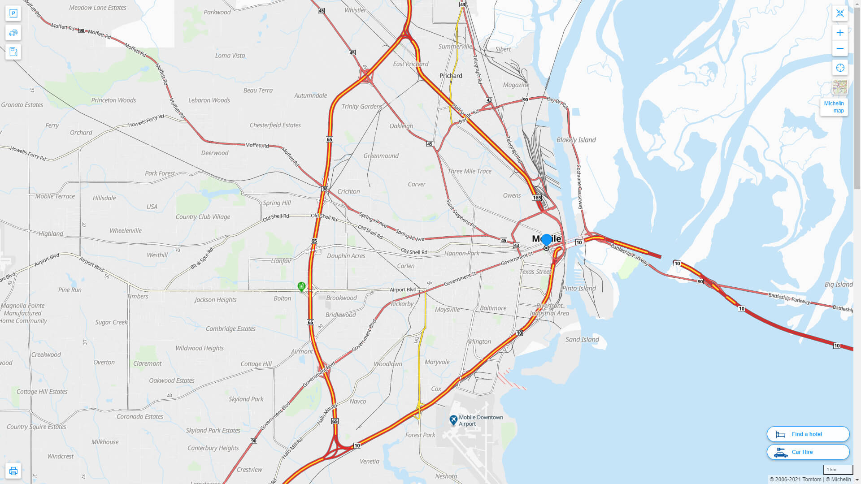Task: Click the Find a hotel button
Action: pos(808,434)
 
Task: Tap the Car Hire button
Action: pos(808,452)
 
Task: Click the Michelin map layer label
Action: pos(834,107)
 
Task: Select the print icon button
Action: pos(13,471)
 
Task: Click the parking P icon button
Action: pos(13,13)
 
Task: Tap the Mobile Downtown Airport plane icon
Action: pos(453,420)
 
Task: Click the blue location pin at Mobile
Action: pos(546,240)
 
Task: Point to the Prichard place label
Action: pos(451,76)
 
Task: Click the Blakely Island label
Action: pos(576,140)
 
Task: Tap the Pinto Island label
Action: pos(579,288)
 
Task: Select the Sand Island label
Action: pos(582,339)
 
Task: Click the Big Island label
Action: pos(839,284)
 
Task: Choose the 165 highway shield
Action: pos(537,198)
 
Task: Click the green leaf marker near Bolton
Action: pos(302,286)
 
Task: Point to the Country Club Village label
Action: pos(203,216)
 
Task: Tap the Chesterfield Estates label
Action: pos(275,125)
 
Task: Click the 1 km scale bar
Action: pos(838,470)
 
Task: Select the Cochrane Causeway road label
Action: pos(579,187)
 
